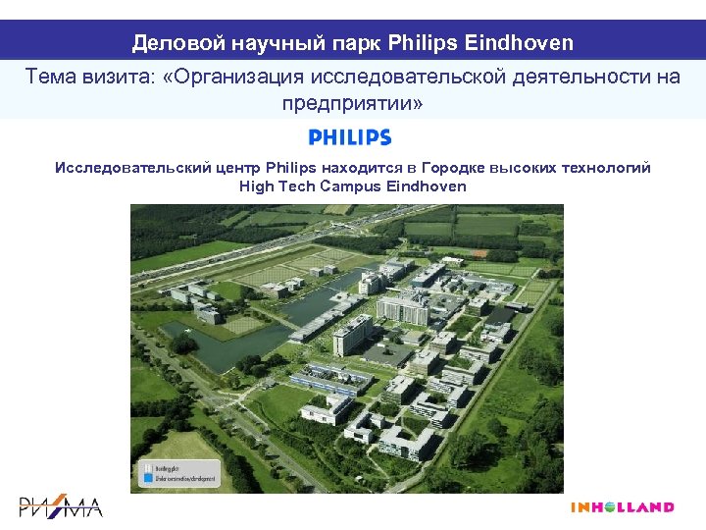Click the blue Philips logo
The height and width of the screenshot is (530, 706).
tap(350, 137)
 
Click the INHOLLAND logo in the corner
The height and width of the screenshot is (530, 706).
tap(623, 507)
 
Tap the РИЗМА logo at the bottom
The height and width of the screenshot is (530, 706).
tap(61, 507)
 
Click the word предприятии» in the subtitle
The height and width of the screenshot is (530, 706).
tap(353, 103)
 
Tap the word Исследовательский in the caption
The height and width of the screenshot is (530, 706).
tap(133, 168)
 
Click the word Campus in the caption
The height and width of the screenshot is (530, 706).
tap(351, 186)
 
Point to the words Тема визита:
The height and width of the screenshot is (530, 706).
tap(81, 77)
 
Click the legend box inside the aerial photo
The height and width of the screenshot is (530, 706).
tap(173, 475)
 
